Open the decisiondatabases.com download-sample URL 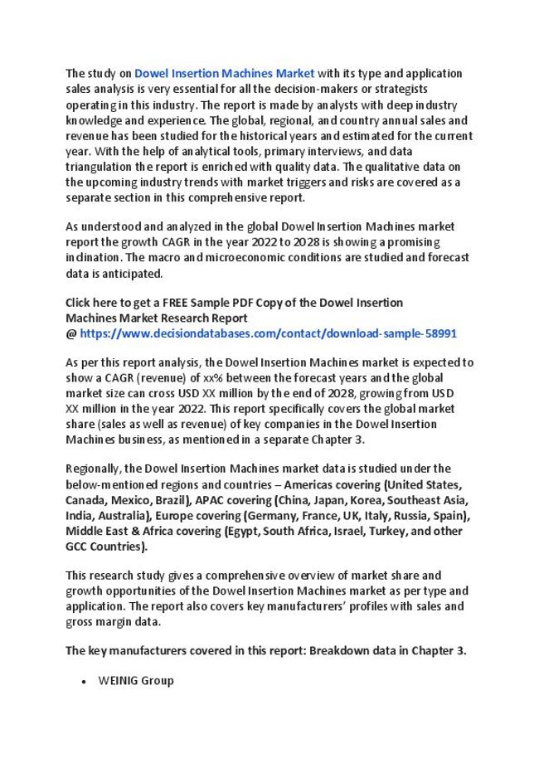[x=268, y=333]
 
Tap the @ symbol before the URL [x=70, y=333]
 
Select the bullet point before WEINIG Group [x=85, y=681]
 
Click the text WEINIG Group [x=136, y=681]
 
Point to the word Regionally [x=94, y=469]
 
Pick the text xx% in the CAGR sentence [x=213, y=378]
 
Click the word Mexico [x=129, y=500]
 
